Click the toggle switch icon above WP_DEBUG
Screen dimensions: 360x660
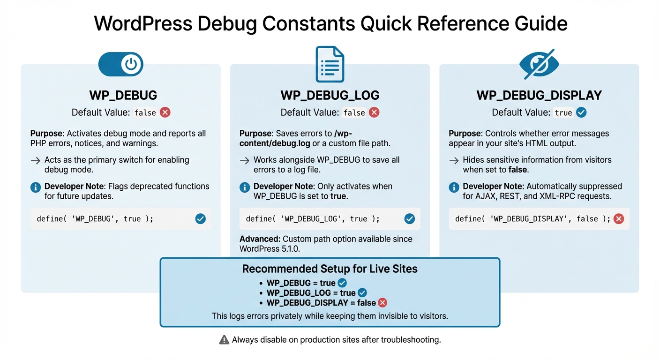pos(120,65)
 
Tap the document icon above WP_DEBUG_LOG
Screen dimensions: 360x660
pos(330,64)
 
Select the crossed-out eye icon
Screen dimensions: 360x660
pos(539,64)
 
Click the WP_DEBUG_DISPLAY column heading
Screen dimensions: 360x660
pos(539,95)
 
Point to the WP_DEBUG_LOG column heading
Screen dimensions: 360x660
pos(330,95)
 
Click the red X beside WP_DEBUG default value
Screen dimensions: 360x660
pos(165,112)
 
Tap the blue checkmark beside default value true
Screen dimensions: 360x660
pos(581,112)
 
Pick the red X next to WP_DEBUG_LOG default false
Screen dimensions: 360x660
pos(374,112)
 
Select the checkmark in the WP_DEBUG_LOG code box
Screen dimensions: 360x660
pos(410,219)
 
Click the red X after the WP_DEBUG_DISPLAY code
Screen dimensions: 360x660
pos(619,219)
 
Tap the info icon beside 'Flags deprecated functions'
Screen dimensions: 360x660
pos(36,187)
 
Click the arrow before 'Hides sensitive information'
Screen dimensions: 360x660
pos(454,160)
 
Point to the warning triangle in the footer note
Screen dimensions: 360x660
pos(224,340)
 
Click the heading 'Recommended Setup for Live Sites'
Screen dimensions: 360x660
pos(330,269)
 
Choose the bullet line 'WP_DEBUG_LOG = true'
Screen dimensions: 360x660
pos(311,293)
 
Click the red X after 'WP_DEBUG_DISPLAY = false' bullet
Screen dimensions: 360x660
pos(382,303)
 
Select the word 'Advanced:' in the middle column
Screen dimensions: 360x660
pos(260,239)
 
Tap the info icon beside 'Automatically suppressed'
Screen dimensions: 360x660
pos(454,187)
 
